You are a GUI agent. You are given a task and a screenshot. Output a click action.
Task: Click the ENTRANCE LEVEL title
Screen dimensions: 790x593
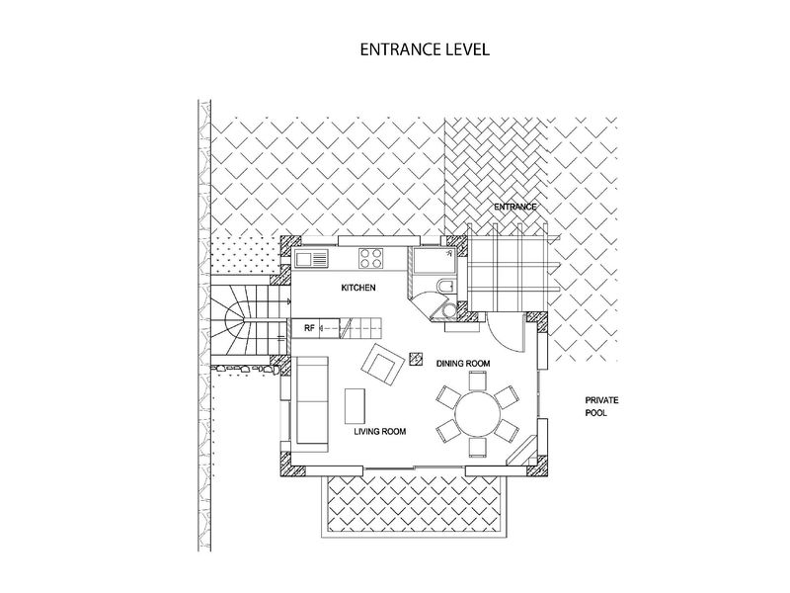click(425, 49)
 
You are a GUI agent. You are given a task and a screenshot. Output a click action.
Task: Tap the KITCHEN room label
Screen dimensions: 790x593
click(358, 288)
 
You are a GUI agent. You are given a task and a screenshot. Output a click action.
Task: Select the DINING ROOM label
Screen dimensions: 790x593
click(463, 363)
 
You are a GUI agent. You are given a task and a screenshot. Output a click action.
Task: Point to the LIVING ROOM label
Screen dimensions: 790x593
click(379, 431)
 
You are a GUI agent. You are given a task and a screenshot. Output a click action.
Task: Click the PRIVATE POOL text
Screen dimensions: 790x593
click(601, 406)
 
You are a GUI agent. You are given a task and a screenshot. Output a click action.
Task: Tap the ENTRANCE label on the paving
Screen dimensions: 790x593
click(514, 207)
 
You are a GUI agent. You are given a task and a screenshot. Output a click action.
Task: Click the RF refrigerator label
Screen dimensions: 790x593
click(309, 328)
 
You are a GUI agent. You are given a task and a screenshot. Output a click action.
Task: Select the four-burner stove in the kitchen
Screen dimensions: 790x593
click(371, 258)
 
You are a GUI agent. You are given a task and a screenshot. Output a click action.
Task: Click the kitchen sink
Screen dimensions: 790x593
click(312, 259)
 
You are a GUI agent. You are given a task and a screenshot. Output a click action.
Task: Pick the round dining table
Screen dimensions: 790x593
click(478, 414)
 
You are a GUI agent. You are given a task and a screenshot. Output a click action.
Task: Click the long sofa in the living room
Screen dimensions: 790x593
click(312, 400)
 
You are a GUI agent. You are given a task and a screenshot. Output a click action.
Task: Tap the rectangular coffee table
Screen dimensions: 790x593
click(355, 406)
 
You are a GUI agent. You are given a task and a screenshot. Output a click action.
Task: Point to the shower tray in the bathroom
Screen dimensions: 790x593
click(434, 260)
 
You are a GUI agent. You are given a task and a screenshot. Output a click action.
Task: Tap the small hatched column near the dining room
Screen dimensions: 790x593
click(416, 358)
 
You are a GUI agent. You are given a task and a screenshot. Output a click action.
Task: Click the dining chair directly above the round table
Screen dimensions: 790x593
click(478, 381)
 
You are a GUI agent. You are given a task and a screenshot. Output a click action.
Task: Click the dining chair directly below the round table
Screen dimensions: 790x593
click(478, 448)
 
